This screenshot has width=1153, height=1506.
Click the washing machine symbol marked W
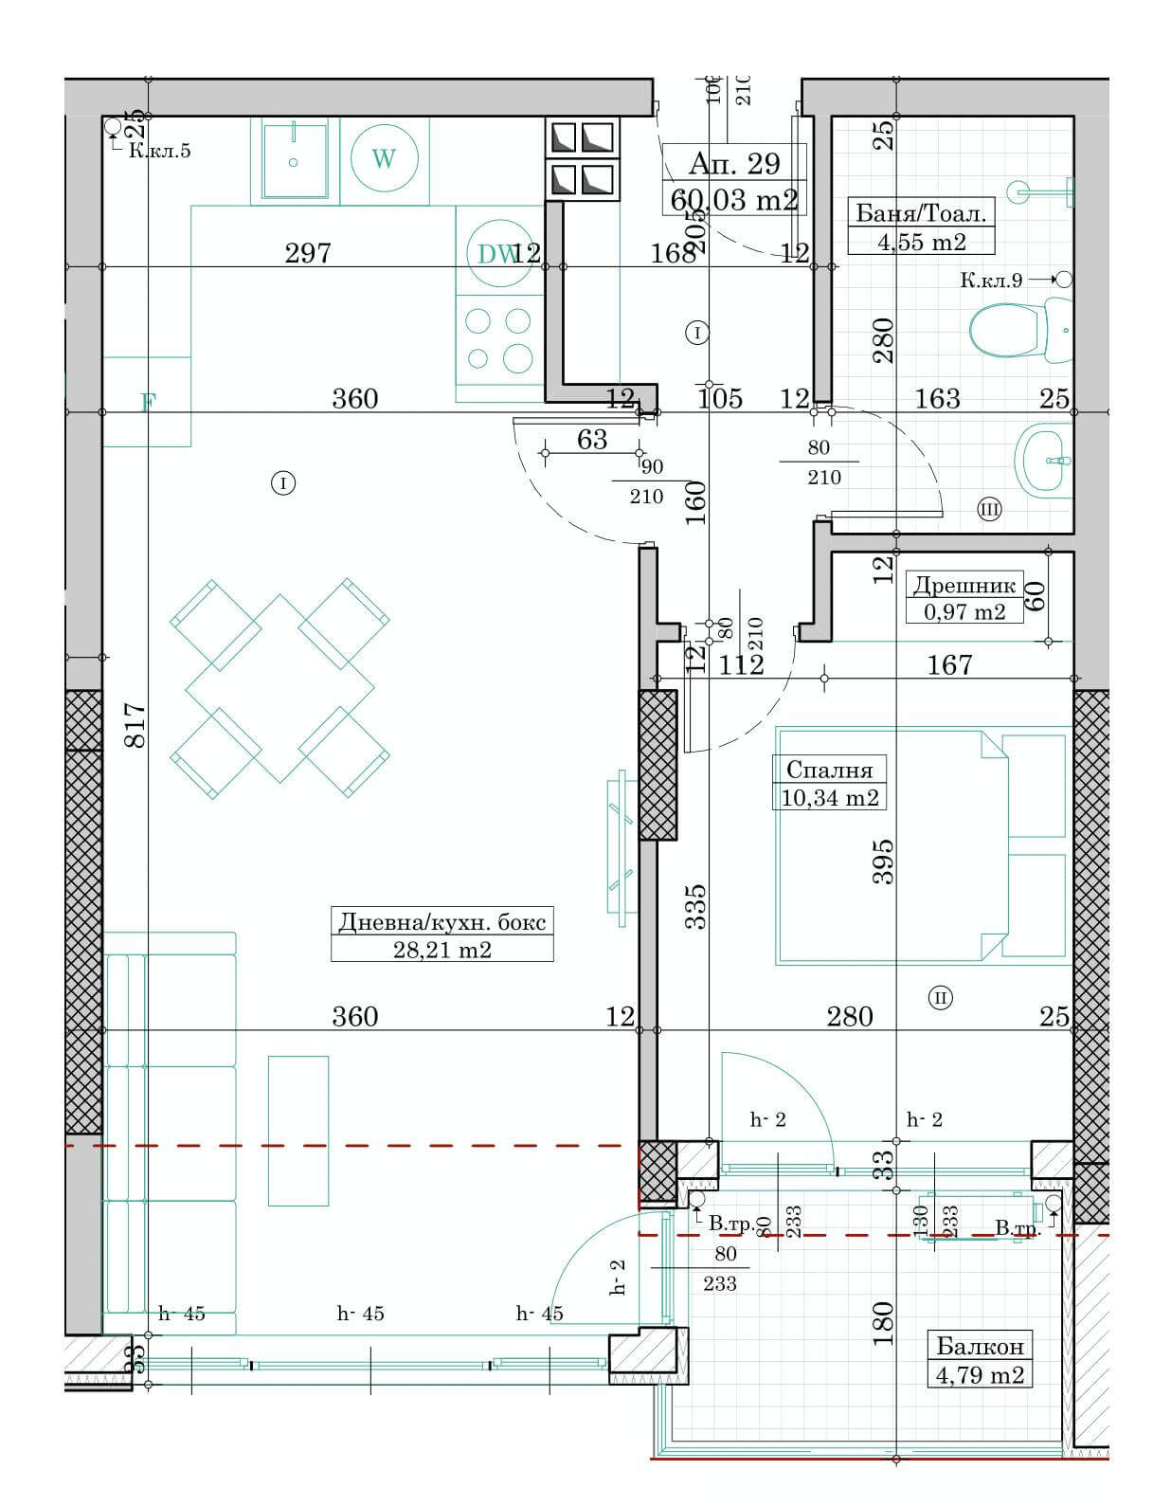coord(384,158)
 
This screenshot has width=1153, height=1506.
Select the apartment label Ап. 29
coord(733,163)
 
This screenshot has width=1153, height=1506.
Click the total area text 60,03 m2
coord(733,200)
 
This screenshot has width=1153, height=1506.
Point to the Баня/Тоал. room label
coord(920,213)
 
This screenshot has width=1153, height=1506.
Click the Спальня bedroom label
coord(829,769)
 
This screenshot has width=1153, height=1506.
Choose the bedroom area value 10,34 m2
coord(829,797)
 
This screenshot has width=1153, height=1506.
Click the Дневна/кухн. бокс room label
coord(441,921)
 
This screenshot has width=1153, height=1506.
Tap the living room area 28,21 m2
coord(441,949)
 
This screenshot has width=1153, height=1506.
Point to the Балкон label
coord(980,1346)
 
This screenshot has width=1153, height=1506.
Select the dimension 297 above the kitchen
coord(308,253)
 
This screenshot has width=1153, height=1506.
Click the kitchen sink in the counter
coord(294,161)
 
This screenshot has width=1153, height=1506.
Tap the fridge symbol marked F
coord(147,403)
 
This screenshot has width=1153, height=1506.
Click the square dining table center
coord(279,689)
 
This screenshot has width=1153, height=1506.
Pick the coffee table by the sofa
coord(298,1130)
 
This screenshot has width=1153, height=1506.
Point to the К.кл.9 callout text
coord(990,280)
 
